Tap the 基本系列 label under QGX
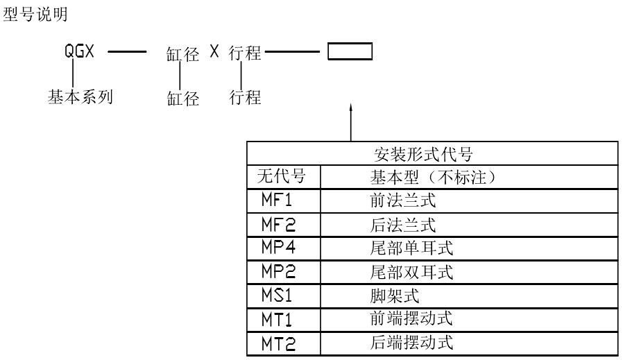pos(80,97)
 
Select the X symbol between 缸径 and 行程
pos(214,53)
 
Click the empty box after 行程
pos(350,53)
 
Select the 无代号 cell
pos(276,178)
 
